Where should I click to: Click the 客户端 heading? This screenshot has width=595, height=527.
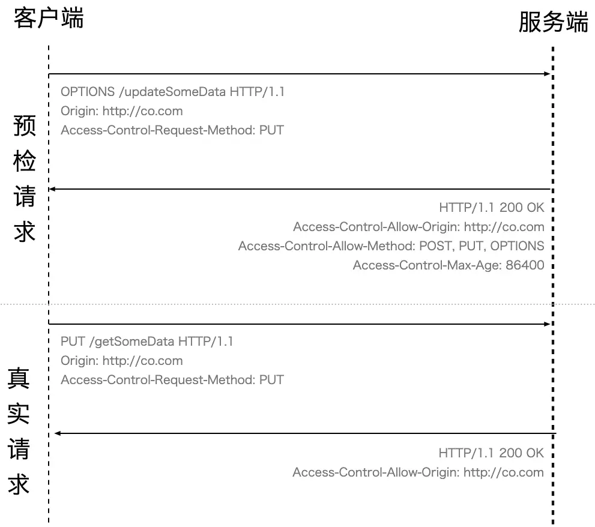coord(49,17)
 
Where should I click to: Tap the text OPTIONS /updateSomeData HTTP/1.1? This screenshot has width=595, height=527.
coord(173,92)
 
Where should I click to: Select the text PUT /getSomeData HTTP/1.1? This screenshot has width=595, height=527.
coord(147,342)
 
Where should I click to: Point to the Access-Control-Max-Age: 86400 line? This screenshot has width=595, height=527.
coord(449,265)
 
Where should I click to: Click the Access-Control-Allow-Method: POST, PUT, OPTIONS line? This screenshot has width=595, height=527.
coord(391,246)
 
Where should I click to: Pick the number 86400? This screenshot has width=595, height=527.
coord(525,265)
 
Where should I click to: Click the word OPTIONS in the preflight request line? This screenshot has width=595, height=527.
coord(88,92)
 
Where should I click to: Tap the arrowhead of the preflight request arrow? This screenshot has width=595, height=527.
coord(547,74)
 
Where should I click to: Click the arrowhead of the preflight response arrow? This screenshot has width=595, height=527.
coord(52,189)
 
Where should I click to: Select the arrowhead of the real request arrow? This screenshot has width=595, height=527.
coord(547,324)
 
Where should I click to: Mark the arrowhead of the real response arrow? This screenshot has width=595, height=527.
coord(58,433)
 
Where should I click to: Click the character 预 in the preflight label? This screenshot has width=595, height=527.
coord(25,127)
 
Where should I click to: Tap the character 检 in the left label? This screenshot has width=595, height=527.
coord(25,161)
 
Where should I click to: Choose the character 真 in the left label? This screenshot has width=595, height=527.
coord(19,379)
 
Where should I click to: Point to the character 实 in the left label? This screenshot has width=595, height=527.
coord(19,414)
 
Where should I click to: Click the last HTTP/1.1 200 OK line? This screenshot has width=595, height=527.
coord(491,453)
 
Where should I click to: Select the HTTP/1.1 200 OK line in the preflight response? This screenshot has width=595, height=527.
coord(492,208)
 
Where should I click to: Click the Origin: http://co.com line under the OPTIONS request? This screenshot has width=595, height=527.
coord(122,111)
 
